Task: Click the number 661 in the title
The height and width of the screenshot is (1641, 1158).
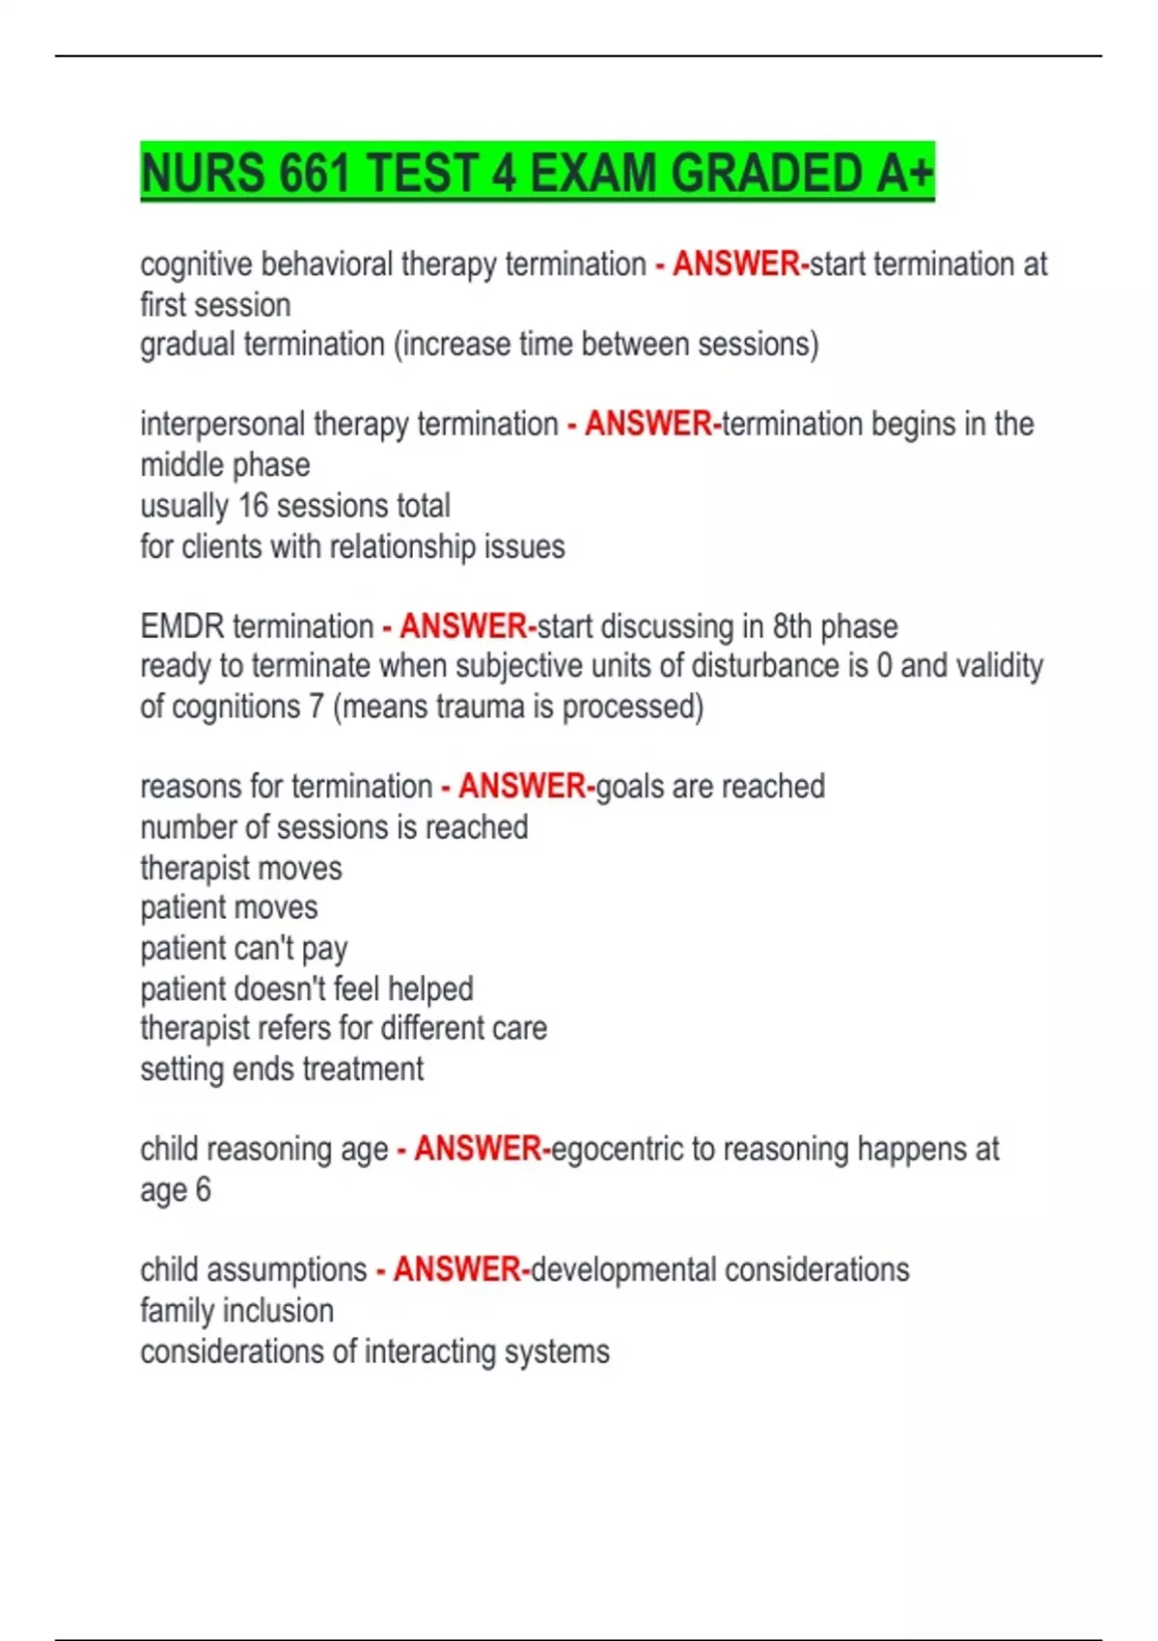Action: pos(315,174)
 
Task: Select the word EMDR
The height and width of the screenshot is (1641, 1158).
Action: pos(182,626)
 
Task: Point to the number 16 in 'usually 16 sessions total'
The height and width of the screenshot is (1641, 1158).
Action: pos(253,506)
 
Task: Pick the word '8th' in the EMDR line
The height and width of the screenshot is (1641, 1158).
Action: pos(791,626)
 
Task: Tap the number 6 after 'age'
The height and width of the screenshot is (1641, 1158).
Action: pos(203,1189)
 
